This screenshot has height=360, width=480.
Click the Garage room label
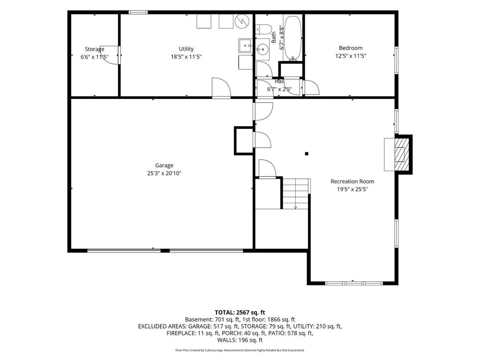coord(164,165)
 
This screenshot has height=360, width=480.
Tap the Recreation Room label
coord(352,181)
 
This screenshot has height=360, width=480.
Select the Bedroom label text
coord(351,48)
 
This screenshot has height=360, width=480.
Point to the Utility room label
coord(186,49)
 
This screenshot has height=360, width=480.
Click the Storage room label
coord(94,49)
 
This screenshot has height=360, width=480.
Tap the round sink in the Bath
coord(262,49)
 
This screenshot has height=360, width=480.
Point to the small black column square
coord(307,154)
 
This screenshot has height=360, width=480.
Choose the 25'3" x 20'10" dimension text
coord(164,173)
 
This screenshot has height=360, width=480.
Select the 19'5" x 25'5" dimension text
coord(352,189)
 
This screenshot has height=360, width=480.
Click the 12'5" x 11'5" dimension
coord(351,56)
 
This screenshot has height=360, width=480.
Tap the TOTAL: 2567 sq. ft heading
coord(240,313)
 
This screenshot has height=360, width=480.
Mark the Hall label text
coord(279,82)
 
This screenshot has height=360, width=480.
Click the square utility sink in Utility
coord(246,46)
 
